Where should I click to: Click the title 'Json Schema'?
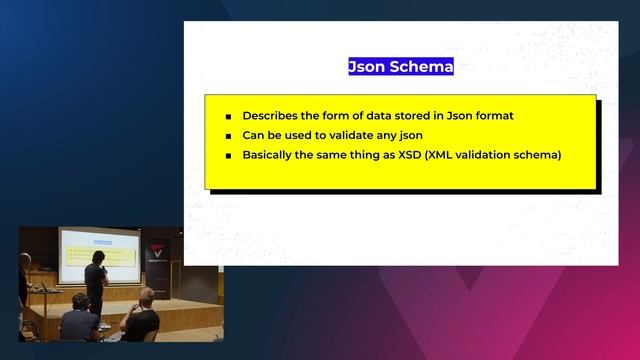[x=400, y=67]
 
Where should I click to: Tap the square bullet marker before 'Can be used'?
[x=228, y=136]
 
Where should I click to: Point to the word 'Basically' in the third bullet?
[x=271, y=155]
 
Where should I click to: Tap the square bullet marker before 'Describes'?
[x=228, y=117]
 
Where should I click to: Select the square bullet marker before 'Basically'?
[x=228, y=156]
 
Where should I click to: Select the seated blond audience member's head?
[x=146, y=296]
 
